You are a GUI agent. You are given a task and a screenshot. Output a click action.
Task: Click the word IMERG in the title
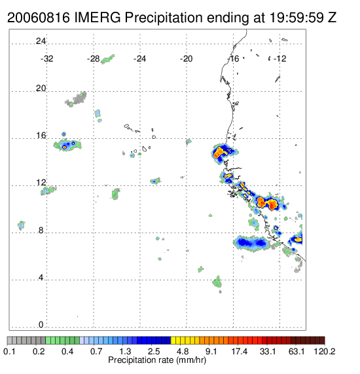click(x=98, y=18)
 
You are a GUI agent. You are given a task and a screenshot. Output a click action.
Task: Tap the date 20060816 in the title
click(x=39, y=18)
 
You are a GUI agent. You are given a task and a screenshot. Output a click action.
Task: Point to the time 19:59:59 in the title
click(x=296, y=18)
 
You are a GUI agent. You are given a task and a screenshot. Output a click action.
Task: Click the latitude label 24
click(x=41, y=41)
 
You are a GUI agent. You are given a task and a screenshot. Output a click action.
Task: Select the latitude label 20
click(x=41, y=88)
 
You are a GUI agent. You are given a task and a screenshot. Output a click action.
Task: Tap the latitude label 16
click(x=41, y=136)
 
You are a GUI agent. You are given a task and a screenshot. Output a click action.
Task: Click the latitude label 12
click(x=41, y=183)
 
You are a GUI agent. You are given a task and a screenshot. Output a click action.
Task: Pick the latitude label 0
click(x=41, y=325)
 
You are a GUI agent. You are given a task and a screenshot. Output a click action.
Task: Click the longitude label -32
click(x=46, y=58)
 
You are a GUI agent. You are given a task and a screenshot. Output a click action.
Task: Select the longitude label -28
click(x=93, y=58)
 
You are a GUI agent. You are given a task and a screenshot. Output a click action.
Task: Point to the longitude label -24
click(x=139, y=58)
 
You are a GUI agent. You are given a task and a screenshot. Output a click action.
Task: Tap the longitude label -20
click(x=186, y=58)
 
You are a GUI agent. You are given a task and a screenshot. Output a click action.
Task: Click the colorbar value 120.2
click(x=324, y=351)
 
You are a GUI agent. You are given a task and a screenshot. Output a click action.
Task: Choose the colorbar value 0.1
click(x=9, y=351)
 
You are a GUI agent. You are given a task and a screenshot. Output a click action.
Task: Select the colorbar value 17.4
click(x=240, y=351)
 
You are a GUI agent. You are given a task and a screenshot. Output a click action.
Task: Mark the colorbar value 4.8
click(x=183, y=351)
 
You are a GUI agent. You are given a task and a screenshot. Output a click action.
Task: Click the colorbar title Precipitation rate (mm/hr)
click(x=157, y=360)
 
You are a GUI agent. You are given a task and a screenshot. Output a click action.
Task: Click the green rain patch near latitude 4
click(x=217, y=282)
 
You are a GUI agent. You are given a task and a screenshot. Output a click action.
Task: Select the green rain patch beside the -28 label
click(x=107, y=60)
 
